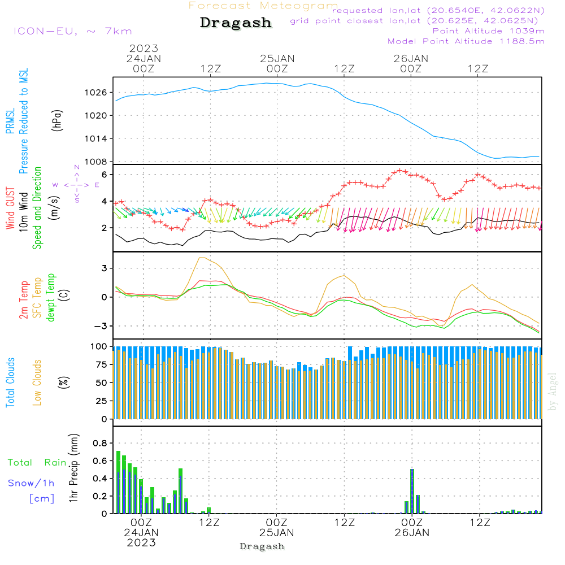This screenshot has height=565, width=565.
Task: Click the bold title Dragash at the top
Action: [x=236, y=23]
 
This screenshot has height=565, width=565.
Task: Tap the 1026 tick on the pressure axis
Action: [x=96, y=93]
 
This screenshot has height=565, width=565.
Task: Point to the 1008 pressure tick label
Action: [x=96, y=162]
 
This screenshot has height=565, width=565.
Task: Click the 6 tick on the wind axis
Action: [x=105, y=175]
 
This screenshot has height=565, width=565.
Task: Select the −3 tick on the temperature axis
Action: [x=101, y=326]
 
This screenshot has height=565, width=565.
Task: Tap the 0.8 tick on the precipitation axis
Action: [x=100, y=443]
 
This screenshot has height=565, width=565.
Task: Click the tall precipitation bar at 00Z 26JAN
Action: [x=412, y=491]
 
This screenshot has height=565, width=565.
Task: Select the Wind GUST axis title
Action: [x=10, y=208]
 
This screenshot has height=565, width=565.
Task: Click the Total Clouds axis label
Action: [x=10, y=383]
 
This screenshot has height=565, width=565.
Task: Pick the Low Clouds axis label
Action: [x=37, y=383]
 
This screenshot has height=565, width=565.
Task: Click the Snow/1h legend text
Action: [x=31, y=483]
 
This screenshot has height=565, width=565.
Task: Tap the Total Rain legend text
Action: [x=37, y=463]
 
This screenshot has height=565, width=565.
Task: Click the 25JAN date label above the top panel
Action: [x=277, y=59]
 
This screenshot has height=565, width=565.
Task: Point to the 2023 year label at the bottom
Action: [x=141, y=542]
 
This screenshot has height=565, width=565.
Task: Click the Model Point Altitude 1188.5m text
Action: [x=466, y=41]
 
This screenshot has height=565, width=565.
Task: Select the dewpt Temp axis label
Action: [x=51, y=297]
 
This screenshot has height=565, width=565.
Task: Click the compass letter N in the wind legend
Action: [x=77, y=167]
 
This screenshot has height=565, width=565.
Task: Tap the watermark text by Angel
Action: [x=553, y=392]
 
